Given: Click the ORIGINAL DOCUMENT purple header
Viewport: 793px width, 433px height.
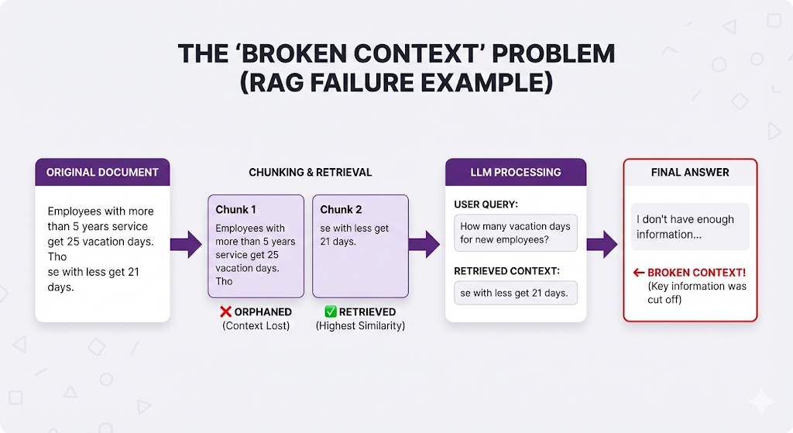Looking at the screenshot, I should coord(102,172).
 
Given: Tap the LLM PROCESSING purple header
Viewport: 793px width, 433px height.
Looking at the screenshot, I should coord(515,172).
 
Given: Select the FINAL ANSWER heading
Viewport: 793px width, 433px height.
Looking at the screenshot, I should coord(690,172).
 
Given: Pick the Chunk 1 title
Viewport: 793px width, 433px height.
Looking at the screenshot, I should coord(235,209).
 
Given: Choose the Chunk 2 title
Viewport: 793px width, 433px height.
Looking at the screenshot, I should coord(341,209).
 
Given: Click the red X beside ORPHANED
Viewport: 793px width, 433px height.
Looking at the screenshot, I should coord(226,312).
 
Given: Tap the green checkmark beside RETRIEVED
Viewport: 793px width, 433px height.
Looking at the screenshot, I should coord(331,312).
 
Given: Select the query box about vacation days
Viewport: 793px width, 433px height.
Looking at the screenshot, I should coord(516,232).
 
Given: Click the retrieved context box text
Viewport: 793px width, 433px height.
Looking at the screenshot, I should coord(515,293).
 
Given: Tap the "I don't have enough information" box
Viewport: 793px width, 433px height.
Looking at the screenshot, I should coord(690,227).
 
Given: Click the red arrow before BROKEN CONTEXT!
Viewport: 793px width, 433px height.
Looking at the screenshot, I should coord(639,273).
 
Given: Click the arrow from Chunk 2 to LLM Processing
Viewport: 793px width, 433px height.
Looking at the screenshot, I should coord(424,244).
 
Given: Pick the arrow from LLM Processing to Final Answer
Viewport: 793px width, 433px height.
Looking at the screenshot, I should coord(602,244).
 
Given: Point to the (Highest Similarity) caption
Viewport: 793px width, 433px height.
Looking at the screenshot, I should coord(360,326).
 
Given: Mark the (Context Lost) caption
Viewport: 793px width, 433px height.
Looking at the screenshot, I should coord(256,326).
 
